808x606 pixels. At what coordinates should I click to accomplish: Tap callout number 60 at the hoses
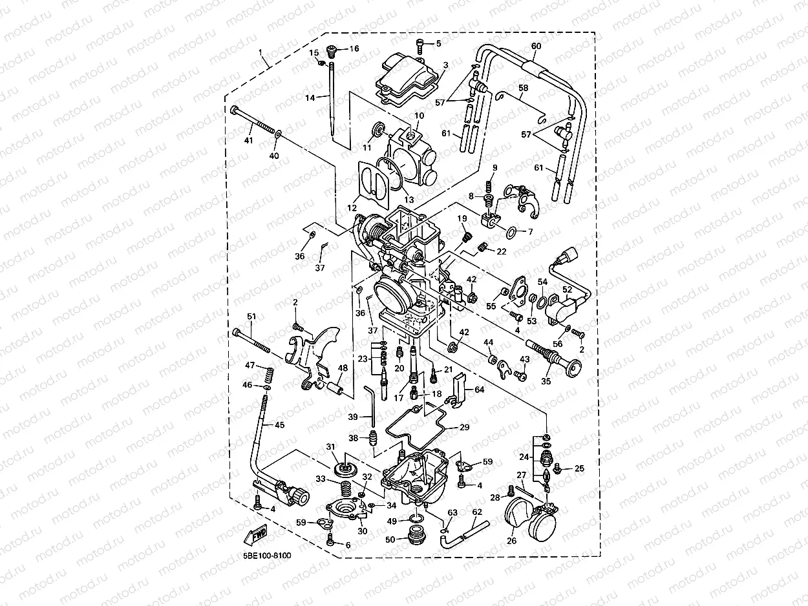coord(536,46)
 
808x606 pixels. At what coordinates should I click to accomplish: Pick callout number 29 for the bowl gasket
coord(465,428)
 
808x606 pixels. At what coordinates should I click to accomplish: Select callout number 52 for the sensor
coord(566,291)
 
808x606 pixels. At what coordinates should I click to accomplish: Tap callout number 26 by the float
coord(512,541)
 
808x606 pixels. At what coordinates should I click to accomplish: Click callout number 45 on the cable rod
coord(279,425)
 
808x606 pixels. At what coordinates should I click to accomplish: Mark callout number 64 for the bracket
coord(479,390)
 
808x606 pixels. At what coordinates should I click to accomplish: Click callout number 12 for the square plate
coord(352,208)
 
